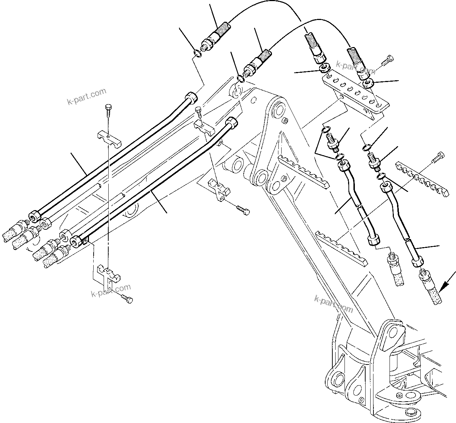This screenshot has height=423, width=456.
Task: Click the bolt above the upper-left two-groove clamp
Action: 108,109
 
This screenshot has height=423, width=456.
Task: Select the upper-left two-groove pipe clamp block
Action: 109,138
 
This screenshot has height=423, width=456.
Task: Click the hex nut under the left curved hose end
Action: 325,68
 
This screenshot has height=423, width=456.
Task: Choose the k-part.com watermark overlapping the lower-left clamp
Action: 110,290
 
